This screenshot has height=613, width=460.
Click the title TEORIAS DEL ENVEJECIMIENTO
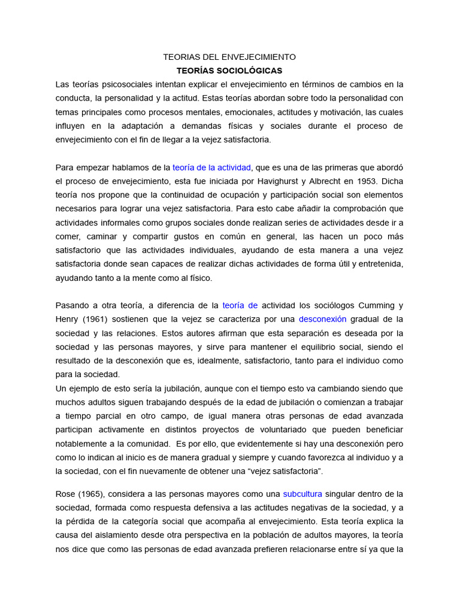point(229,57)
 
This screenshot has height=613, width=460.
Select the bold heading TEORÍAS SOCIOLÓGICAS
point(229,71)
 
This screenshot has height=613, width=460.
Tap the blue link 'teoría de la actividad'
point(212,167)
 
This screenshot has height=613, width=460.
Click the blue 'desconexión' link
point(322,319)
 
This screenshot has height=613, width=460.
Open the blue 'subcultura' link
point(302,494)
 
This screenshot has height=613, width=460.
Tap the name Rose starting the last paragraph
point(66,494)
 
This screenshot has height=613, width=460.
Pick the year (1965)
point(96,494)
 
